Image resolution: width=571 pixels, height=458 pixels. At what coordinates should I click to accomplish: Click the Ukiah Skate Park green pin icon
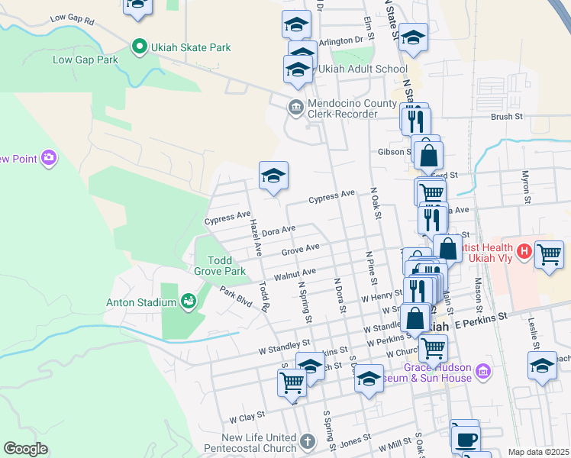(x=139, y=47)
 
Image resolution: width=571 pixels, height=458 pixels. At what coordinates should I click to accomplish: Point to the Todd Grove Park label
(x=227, y=266)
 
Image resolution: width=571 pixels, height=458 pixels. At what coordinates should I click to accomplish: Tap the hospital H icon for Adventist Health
(x=524, y=250)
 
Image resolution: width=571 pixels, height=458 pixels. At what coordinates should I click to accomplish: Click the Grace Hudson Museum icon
(x=482, y=372)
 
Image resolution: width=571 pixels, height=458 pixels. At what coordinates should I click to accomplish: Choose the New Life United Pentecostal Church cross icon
(x=306, y=441)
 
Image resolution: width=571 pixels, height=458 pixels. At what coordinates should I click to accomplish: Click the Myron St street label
(x=525, y=186)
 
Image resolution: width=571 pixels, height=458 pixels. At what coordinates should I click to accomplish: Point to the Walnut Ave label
(x=295, y=273)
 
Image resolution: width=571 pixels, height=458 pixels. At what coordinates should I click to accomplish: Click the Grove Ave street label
(x=300, y=249)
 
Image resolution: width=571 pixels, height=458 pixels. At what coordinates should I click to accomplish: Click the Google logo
(x=25, y=448)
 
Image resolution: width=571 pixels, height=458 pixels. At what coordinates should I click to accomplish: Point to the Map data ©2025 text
(x=538, y=452)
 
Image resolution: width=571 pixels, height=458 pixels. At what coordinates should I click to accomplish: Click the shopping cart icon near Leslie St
(x=549, y=254)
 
